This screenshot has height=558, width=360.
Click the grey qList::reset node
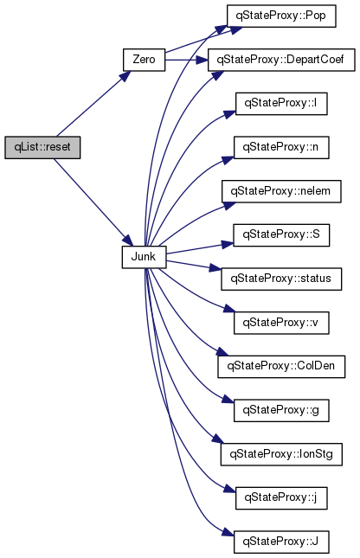(42, 147)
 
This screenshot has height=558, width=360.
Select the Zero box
(144, 60)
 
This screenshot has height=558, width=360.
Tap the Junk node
(144, 257)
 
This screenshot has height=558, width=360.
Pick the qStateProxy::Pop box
(281, 16)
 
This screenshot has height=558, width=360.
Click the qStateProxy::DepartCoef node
(281, 60)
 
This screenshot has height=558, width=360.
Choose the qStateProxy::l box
(281, 104)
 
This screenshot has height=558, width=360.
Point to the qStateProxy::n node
(281, 147)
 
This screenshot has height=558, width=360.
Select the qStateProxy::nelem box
(281, 191)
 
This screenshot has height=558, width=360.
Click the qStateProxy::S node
(281, 234)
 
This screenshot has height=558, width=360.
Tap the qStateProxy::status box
(281, 279)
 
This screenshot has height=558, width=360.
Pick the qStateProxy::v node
(281, 323)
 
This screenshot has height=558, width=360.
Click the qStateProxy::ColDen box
(281, 367)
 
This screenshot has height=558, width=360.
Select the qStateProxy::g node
(281, 410)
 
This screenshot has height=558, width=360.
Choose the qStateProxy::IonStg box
(281, 454)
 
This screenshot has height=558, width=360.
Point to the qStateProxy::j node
(281, 498)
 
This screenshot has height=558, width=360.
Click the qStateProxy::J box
(281, 542)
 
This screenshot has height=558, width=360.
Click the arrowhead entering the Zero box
(125, 76)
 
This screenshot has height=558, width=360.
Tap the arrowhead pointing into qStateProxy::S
(228, 244)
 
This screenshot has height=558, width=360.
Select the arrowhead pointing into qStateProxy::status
(215, 268)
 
